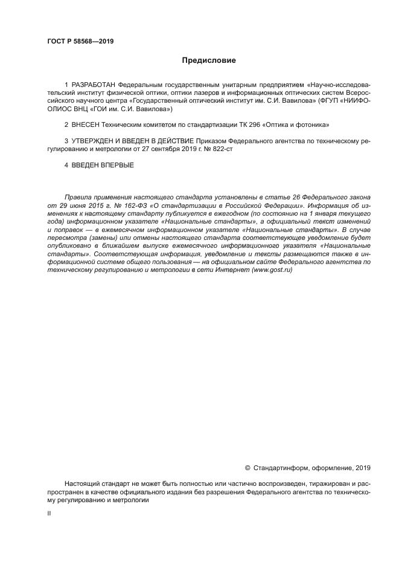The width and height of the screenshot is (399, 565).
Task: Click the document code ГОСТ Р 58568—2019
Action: click(x=80, y=42)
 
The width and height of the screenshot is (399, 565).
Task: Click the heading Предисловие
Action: click(x=209, y=60)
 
